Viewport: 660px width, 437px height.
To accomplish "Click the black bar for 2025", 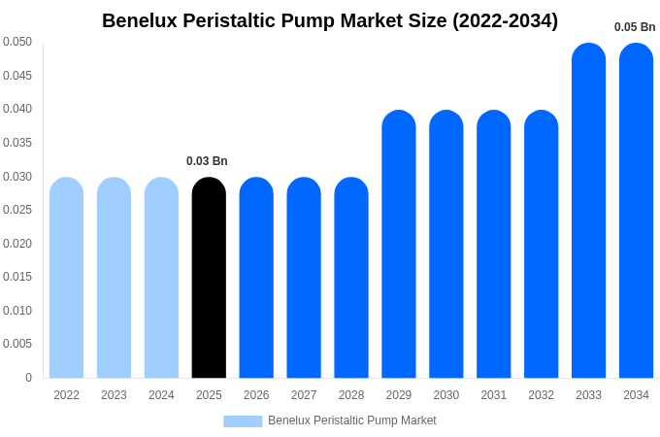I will pos(209,278).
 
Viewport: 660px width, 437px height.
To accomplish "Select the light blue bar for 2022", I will pos(66,278).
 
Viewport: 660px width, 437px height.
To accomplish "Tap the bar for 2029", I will pos(399,244).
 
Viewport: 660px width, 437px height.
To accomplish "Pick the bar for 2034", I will pos(636,211).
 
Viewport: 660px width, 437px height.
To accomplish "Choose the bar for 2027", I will pos(304,278).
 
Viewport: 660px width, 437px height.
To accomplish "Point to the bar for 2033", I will pos(588,211).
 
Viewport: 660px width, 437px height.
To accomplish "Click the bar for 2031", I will pos(493,244).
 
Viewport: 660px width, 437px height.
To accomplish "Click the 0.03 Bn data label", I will pos(207,161).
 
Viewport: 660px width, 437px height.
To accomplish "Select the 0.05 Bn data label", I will pos(635,27).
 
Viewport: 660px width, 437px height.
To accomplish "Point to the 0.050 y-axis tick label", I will pos(17,42).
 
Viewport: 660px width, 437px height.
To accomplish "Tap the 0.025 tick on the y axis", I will pos(17,210).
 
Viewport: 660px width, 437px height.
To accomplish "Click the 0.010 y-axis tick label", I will pos(17,311).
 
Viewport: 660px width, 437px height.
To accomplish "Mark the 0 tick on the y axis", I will pos(28,378).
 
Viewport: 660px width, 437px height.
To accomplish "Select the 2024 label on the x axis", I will pos(161,395).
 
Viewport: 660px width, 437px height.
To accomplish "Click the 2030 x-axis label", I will pos(446,395).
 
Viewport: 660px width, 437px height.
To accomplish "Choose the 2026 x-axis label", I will pos(256,395).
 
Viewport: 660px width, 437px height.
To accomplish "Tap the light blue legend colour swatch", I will pos(243,421).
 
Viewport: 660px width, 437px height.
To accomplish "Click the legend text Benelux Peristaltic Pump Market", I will pos(352,420).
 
